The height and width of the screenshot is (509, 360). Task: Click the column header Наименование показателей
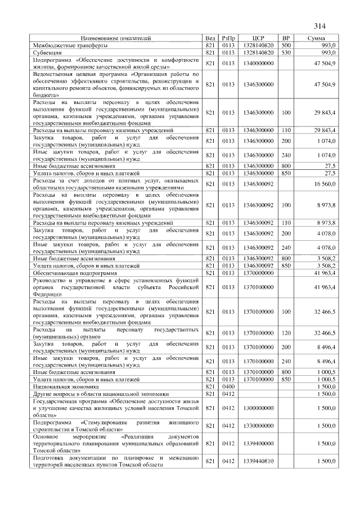116,38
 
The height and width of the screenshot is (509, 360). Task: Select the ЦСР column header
259,38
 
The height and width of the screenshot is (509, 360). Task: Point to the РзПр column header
228,38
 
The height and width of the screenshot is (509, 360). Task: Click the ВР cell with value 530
286,52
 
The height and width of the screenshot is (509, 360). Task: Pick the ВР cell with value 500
286,44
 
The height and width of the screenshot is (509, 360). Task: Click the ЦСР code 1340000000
259,63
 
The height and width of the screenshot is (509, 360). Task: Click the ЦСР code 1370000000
259,272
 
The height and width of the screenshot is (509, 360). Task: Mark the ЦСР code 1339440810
259,461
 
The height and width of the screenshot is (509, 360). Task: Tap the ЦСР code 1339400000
259,444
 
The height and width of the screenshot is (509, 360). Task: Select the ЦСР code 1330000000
259,426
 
